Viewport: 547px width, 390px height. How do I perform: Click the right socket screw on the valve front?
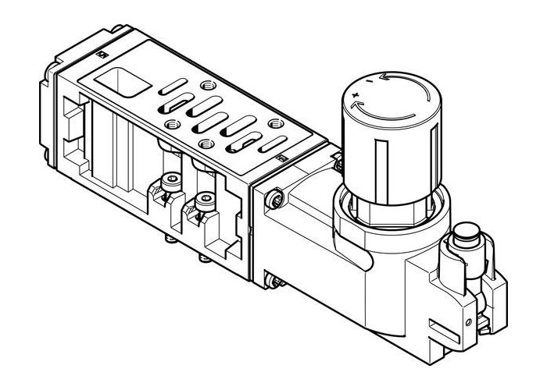click(206, 200)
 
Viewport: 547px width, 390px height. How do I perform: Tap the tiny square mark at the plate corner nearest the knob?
click(282, 159)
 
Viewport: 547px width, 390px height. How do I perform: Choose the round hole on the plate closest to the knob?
click(274, 123)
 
